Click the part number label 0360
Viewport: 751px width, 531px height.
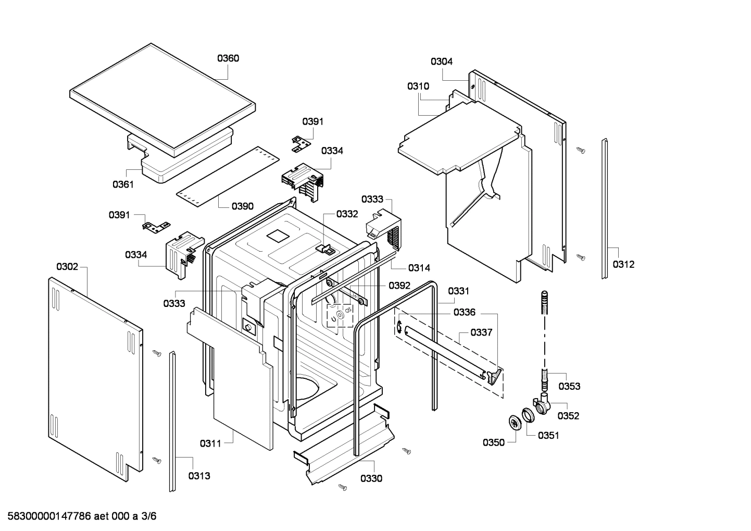pyautogui.click(x=228, y=58)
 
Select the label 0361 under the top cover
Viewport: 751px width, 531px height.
pyautogui.click(x=123, y=184)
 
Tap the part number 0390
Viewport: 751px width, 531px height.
pyautogui.click(x=243, y=206)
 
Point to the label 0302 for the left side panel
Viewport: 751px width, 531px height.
pyautogui.click(x=67, y=267)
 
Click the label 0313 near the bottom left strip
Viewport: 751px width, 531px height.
pyautogui.click(x=199, y=476)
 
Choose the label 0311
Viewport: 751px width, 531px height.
pyautogui.click(x=210, y=443)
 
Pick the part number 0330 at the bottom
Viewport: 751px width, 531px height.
pyautogui.click(x=371, y=478)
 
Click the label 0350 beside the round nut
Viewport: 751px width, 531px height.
pyautogui.click(x=493, y=442)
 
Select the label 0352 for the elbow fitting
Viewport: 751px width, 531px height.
pyautogui.click(x=568, y=416)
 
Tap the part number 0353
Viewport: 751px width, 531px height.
pyautogui.click(x=569, y=386)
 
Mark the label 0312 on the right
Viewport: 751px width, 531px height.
pyautogui.click(x=623, y=264)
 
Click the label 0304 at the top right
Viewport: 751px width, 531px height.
pyautogui.click(x=442, y=61)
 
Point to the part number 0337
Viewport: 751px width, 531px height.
pyautogui.click(x=481, y=332)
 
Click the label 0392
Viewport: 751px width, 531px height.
pyautogui.click(x=399, y=286)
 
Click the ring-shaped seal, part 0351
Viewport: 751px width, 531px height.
pyautogui.click(x=528, y=415)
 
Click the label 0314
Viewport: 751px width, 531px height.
pyautogui.click(x=419, y=268)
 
